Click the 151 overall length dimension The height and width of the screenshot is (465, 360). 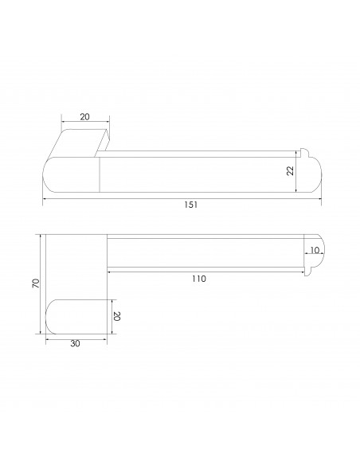coord(190,205)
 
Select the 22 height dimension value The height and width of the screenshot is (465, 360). coord(291,171)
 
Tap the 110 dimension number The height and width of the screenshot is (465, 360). coord(198,279)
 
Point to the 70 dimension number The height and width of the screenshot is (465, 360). coord(36,283)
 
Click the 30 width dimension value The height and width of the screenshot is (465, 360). coord(75,343)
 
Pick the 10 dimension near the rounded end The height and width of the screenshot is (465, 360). coord(315,250)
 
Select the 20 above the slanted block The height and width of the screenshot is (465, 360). coord(84,117)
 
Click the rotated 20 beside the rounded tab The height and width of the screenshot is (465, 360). coord(116,316)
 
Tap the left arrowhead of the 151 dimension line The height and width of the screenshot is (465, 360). coord(45,198)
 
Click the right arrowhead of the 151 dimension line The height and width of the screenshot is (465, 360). coord(319,198)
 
